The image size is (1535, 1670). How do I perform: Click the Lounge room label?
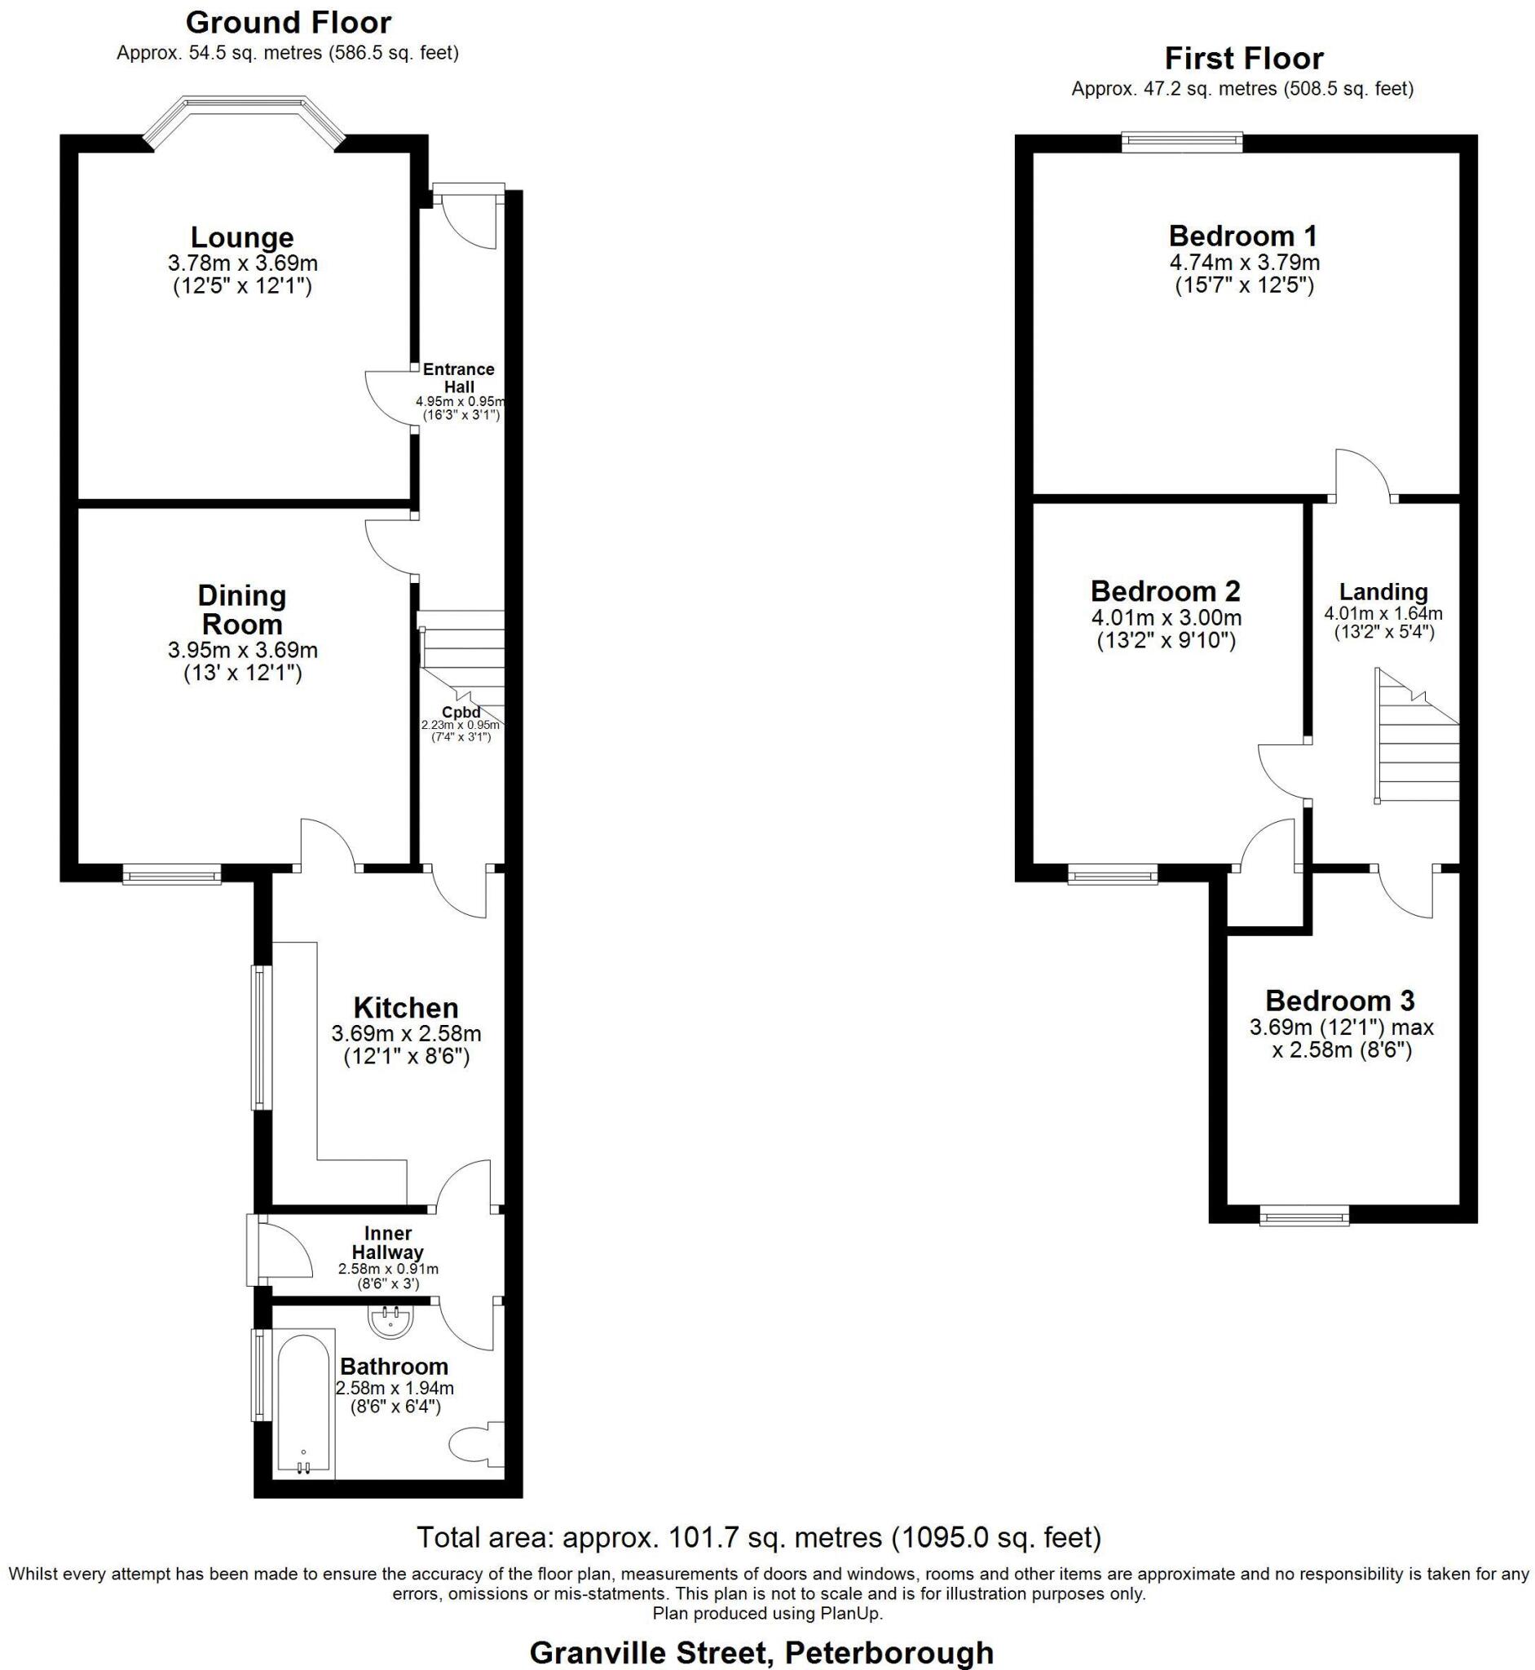click(x=242, y=237)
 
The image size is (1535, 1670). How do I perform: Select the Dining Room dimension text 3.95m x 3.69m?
click(x=243, y=650)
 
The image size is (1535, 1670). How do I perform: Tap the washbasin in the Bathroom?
click(x=390, y=1322)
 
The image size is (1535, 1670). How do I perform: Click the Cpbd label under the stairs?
click(x=461, y=712)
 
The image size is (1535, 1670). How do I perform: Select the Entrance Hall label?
click(x=458, y=378)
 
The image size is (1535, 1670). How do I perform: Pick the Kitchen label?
click(x=405, y=1008)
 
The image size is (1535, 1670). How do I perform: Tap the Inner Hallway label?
click(x=387, y=1242)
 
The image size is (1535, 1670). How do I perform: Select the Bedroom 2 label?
click(x=1165, y=591)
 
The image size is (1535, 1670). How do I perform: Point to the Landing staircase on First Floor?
click(x=1417, y=740)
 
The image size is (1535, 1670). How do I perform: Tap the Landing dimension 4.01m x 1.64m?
click(x=1383, y=614)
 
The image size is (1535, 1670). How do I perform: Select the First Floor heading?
click(x=1243, y=58)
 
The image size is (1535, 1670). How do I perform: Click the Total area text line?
click(x=758, y=1538)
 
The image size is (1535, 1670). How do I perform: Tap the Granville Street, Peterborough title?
click(x=761, y=1653)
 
